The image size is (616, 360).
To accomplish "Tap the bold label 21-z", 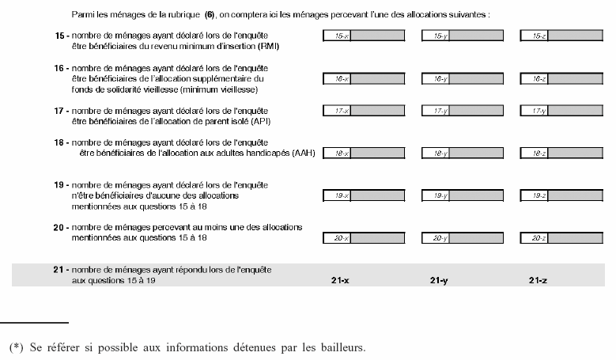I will click(x=538, y=280).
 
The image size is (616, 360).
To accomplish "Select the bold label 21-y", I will click(x=439, y=280).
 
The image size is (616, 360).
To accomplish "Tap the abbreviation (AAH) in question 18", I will click(x=304, y=153).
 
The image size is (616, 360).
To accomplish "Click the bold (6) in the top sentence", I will click(x=210, y=14).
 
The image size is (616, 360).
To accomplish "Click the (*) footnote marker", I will click(x=17, y=347).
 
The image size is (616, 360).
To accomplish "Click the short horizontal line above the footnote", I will click(x=35, y=323).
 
